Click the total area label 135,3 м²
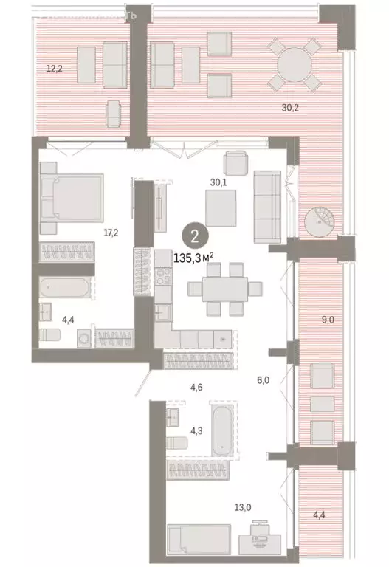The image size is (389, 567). [x=204, y=259]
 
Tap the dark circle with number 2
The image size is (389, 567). [x=193, y=237]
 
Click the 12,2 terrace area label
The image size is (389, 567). [x=54, y=69]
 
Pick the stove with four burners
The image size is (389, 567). [x=162, y=279]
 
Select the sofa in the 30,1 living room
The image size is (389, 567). [x=266, y=207]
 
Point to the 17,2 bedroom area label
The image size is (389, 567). [x=111, y=232]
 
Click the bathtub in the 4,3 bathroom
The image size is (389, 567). [x=222, y=428]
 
